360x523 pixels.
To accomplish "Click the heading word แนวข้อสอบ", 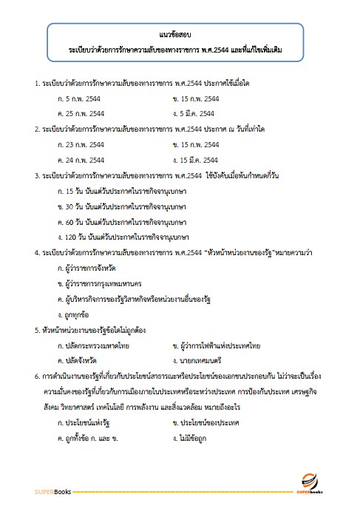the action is [175, 34].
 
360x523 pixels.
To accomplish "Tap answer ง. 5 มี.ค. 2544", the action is [193, 114].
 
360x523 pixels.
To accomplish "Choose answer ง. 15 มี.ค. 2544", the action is [195, 159].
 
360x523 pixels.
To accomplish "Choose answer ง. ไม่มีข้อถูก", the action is [193, 436].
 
